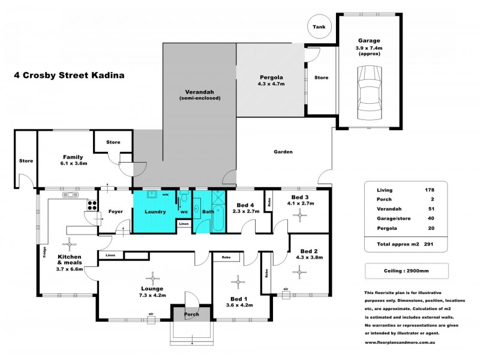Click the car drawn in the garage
(370, 93)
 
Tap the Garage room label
(369, 40)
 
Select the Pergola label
(271, 77)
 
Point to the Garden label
(283, 152)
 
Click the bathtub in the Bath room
(218, 218)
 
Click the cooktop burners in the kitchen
(92, 205)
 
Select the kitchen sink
(70, 194)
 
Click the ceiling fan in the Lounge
(152, 278)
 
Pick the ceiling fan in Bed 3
(299, 215)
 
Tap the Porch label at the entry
(191, 314)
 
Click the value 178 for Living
(429, 190)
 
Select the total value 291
(428, 244)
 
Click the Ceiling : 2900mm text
(406, 271)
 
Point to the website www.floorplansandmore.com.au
(400, 343)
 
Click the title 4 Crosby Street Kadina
(69, 76)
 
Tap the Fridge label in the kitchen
(44, 252)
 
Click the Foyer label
(116, 212)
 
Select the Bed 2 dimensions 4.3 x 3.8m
(309, 257)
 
